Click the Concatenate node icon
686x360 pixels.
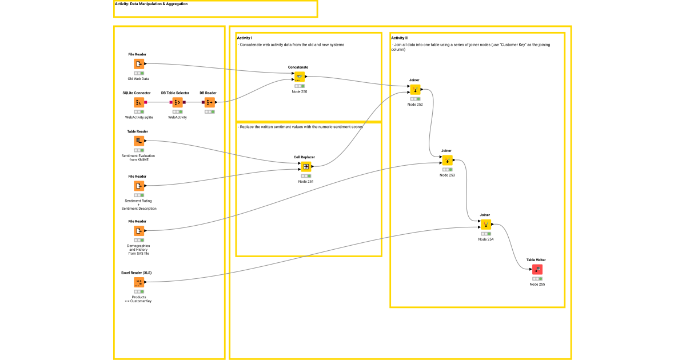coord(299,77)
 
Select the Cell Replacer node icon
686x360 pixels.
coord(306,166)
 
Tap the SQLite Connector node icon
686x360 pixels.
coord(138,102)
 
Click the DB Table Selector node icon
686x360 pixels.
coord(177,102)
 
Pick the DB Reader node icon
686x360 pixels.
coord(210,102)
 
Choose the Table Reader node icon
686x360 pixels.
coord(138,141)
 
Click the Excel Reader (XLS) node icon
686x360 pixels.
coord(138,282)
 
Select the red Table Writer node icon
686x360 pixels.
coord(537,269)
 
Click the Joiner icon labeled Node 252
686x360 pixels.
coord(415,89)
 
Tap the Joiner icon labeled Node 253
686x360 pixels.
coord(447,160)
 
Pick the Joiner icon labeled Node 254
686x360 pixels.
coord(485,224)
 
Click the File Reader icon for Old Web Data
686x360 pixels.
coord(138,63)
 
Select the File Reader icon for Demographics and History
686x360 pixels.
coord(138,231)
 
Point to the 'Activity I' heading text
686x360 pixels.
coord(245,38)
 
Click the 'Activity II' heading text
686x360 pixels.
coord(399,38)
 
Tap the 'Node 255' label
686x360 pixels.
coord(537,284)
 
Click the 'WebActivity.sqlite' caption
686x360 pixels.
coord(139,117)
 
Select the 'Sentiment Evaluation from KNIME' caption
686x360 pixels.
coord(138,158)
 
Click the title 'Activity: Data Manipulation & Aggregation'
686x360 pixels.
coord(151,4)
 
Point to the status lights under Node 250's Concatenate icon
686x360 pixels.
coord(299,86)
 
